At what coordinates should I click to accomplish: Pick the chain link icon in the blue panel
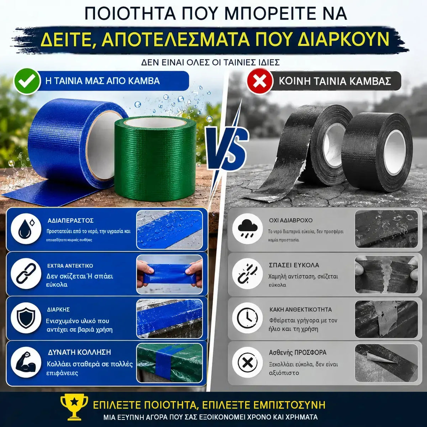pyautogui.click(x=26, y=274)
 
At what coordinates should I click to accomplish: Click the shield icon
pyautogui.click(x=26, y=318)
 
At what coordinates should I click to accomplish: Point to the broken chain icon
pyautogui.click(x=248, y=274)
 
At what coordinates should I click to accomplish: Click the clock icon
pyautogui.click(x=248, y=318)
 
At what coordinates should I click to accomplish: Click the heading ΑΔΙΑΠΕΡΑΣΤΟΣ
pyautogui.click(x=70, y=221)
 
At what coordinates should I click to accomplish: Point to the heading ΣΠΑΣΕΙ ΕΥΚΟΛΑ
pyautogui.click(x=294, y=265)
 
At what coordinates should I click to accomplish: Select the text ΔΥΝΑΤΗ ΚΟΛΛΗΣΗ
pyautogui.click(x=79, y=352)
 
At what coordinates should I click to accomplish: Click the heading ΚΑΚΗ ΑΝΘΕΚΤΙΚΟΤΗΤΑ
pyautogui.click(x=300, y=310)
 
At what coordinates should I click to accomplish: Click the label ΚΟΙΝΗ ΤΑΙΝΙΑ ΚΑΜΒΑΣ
pyautogui.click(x=335, y=81)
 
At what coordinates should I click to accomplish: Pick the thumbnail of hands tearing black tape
pyautogui.click(x=386, y=274)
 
